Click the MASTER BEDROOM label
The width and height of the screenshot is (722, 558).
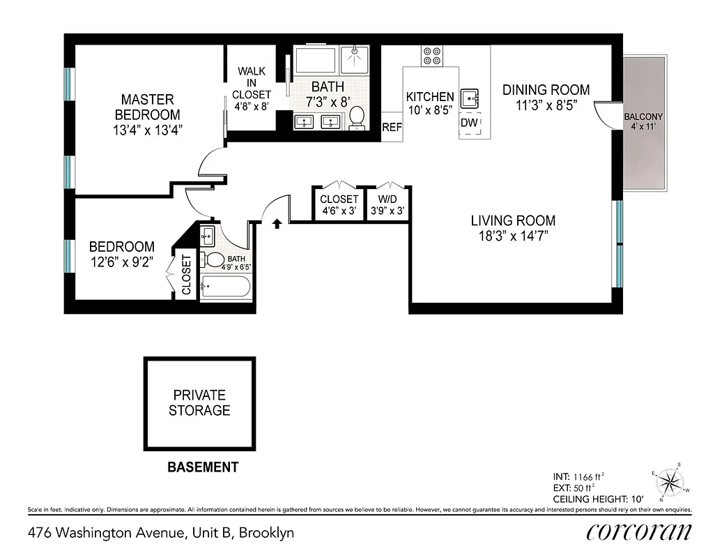click(x=147, y=107)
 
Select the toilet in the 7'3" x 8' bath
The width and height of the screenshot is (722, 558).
click(x=357, y=118)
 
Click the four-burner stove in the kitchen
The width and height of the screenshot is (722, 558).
click(x=432, y=56)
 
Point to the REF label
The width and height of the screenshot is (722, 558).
click(x=392, y=128)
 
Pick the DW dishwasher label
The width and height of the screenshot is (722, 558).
click(x=469, y=123)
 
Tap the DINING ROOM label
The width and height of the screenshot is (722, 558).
click(x=546, y=89)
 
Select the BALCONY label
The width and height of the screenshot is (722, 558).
click(x=643, y=116)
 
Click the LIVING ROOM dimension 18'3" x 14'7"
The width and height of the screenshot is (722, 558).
click(x=513, y=236)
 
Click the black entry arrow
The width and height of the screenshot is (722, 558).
click(x=277, y=223)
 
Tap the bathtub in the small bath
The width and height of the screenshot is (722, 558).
click(x=225, y=287)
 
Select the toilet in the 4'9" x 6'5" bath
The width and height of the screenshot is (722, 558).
click(x=213, y=259)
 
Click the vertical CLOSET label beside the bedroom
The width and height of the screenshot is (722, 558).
click(x=186, y=274)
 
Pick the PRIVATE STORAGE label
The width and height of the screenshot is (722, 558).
click(x=199, y=403)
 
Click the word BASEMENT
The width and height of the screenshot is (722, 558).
click(x=203, y=467)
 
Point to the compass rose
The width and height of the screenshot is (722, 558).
click(x=670, y=483)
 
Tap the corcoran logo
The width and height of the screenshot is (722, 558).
click(x=638, y=532)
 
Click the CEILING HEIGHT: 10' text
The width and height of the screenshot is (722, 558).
click(x=597, y=499)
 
